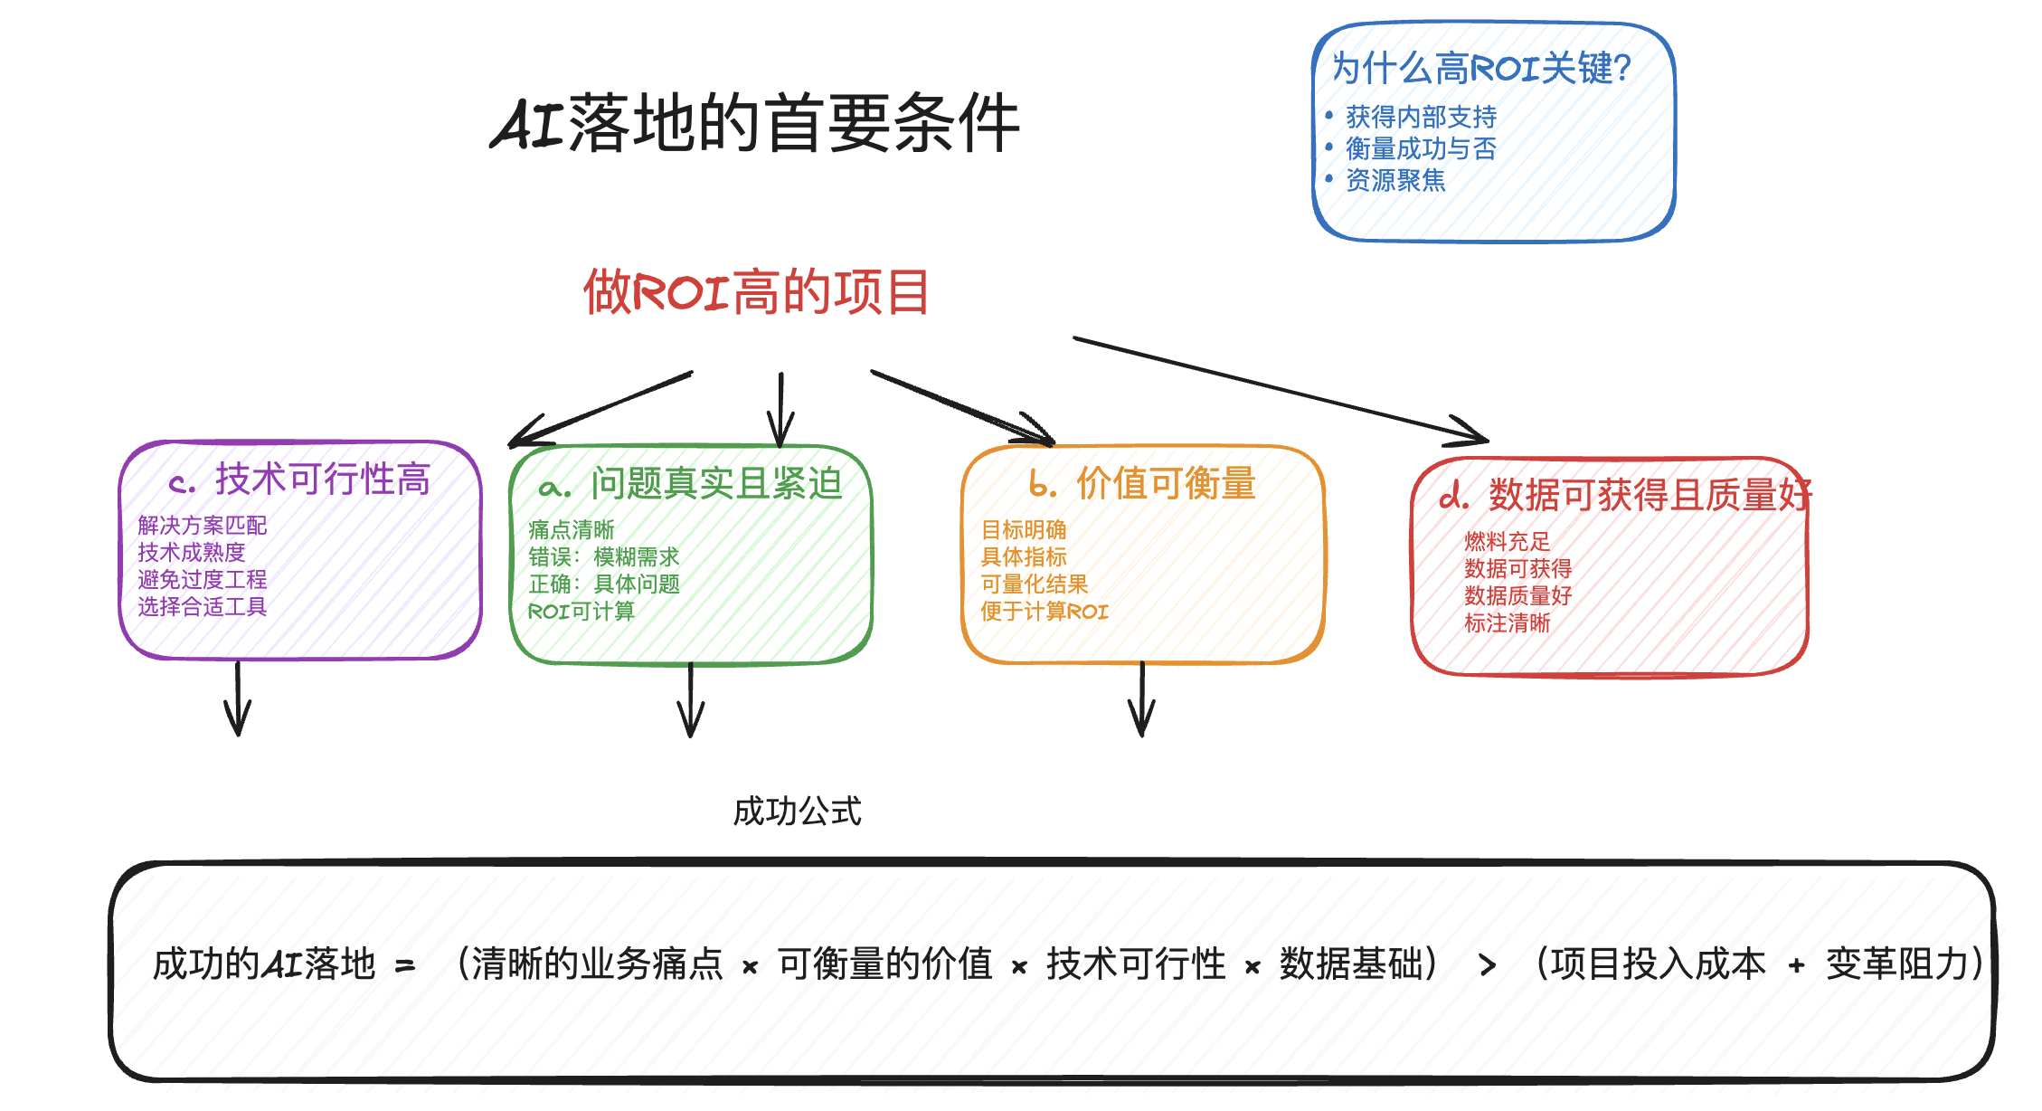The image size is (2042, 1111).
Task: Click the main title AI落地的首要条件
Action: pos(756,123)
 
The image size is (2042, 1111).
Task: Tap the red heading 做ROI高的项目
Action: pos(756,291)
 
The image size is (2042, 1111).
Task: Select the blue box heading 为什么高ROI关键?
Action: pos(1481,68)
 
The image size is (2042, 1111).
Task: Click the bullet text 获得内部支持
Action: pos(1421,117)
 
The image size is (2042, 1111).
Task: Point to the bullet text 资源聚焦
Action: pos(1395,180)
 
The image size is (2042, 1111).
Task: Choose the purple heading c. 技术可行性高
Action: pos(300,480)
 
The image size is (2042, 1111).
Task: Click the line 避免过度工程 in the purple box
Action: pos(202,579)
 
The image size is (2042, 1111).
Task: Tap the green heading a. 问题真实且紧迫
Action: pos(691,484)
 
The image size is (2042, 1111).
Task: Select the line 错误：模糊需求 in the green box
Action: pos(603,556)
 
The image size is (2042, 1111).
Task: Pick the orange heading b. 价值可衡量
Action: pos(1143,484)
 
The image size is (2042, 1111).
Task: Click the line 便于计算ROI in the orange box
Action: pos(1044,612)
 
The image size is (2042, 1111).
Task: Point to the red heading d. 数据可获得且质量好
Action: pos(1625,496)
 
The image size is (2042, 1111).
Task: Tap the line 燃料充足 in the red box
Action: pos(1507,541)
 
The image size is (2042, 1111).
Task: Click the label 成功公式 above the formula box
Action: pos(797,812)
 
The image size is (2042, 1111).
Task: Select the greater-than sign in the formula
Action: pos(1488,965)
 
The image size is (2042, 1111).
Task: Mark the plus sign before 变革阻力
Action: pos(1796,966)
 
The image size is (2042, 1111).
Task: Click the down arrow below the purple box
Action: pos(238,699)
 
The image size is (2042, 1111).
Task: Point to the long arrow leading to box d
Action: pos(1280,390)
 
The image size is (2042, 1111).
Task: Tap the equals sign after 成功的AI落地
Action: pos(405,966)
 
